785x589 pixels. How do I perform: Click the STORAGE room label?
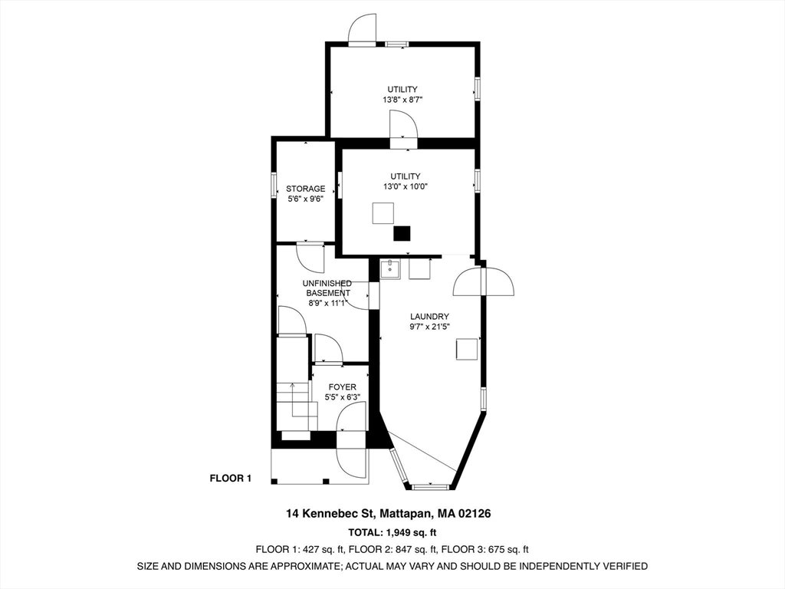pos(305,189)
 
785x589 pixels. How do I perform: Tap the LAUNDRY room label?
pos(429,317)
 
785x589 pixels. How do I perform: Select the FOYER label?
pos(343,387)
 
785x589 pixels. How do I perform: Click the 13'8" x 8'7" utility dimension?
pos(402,100)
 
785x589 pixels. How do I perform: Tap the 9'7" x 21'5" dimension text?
pos(429,327)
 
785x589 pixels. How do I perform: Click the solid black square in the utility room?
pos(402,234)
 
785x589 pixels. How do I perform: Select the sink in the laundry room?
pos(389,268)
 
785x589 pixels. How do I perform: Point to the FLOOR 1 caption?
pos(230,479)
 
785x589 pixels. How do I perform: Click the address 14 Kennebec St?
pos(330,513)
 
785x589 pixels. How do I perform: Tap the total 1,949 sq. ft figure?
pos(408,532)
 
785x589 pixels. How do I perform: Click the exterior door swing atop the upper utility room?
pos(362,29)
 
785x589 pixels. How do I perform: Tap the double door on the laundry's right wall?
pos(484,282)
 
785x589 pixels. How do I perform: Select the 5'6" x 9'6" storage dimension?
pos(305,199)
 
